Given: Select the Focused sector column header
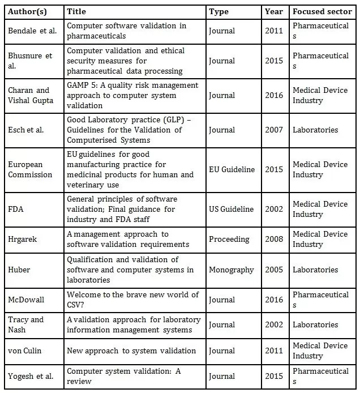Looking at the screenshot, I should (x=322, y=11).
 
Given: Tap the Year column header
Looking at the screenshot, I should (x=274, y=11).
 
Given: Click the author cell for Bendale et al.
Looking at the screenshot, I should (x=32, y=31).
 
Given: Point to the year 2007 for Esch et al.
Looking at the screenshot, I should (x=274, y=130).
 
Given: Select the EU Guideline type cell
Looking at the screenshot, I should (x=232, y=169).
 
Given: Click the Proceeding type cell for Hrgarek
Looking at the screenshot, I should (x=229, y=239).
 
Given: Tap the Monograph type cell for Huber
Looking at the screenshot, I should (x=231, y=270).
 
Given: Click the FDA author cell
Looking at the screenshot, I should (x=16, y=209).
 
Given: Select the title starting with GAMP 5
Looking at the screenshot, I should (x=132, y=95).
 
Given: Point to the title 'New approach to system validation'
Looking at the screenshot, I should (x=131, y=351).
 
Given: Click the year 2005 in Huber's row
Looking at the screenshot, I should (x=274, y=270).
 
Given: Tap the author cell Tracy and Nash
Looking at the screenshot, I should (x=26, y=324).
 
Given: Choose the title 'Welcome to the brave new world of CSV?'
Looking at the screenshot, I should (x=132, y=300).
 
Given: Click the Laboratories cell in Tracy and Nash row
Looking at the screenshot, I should (x=315, y=324).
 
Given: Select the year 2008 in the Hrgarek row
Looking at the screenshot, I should (x=274, y=239).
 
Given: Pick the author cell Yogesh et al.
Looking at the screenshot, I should (x=31, y=376).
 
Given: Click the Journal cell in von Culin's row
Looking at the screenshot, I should (x=222, y=351).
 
